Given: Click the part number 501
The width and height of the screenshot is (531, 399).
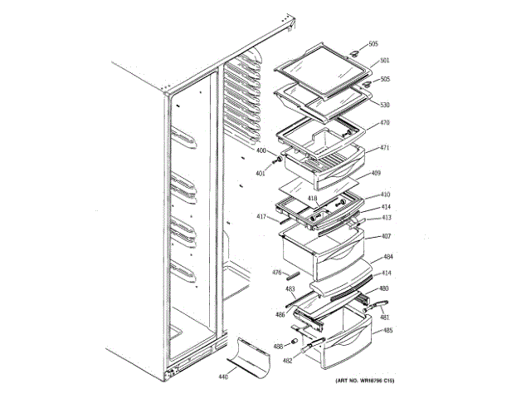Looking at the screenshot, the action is click(384, 60).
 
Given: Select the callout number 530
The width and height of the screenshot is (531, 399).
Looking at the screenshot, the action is click(384, 105).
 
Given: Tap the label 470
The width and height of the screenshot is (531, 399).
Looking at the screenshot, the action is click(384, 123).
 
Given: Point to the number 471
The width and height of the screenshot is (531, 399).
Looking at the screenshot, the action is click(384, 148).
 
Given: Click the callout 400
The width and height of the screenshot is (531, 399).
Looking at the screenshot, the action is click(261, 150).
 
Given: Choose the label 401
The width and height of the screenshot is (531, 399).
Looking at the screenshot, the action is click(261, 173).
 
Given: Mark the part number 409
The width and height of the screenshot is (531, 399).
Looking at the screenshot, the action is click(375, 173).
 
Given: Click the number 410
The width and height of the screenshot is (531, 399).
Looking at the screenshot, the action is click(385, 195).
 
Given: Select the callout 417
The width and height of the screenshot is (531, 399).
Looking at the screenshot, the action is click(261, 218).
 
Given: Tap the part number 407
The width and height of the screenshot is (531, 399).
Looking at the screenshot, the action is click(386, 236).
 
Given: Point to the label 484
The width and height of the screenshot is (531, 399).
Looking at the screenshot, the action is click(387, 258).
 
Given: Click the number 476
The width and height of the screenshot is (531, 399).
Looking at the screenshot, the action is click(278, 272).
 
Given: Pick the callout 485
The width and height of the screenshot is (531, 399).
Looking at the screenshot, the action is click(387, 332).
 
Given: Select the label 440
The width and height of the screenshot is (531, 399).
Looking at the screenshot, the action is click(223, 377).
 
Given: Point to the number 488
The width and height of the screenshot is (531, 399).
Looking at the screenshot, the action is click(278, 345).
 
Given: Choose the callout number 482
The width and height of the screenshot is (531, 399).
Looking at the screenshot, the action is click(288, 361).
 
